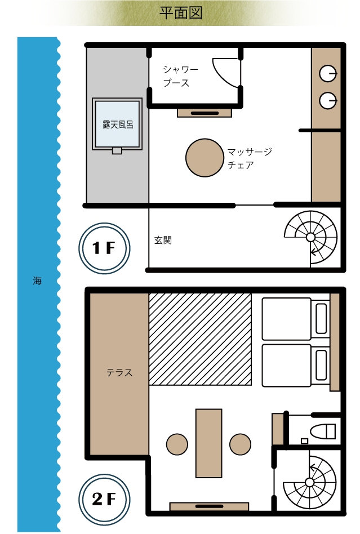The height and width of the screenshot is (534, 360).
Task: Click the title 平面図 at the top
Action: point(181,13)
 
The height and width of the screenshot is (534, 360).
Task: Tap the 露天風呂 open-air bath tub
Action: point(117,124)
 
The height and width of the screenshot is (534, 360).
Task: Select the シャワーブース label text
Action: point(180,76)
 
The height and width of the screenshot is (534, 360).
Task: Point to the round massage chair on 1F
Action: point(205,158)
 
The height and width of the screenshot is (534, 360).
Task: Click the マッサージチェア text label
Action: point(250,158)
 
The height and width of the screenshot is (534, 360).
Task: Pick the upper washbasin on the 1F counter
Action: point(328,74)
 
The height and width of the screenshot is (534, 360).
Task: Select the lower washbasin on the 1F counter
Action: point(328,101)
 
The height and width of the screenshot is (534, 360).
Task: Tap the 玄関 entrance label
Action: point(163,240)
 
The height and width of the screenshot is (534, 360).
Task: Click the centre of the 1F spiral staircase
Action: point(310,237)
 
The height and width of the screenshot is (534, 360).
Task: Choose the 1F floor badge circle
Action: point(104,248)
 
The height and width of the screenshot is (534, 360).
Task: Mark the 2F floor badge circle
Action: point(104,499)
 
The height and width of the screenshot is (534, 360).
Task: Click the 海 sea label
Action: point(37,281)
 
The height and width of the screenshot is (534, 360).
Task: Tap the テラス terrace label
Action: point(119,372)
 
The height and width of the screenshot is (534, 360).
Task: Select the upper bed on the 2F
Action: point(295,319)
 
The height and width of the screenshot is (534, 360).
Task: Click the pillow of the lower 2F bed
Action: point(321,366)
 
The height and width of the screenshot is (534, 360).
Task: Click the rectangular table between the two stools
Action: point(209,443)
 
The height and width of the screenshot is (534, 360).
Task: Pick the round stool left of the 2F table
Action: point(177,444)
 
